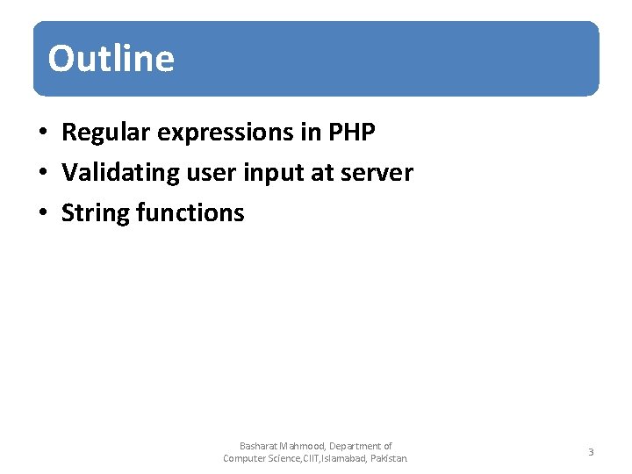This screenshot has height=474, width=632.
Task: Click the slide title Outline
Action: coord(111,59)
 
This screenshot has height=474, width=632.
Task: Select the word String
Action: coord(96,213)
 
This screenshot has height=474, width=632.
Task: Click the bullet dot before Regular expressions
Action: coord(42,133)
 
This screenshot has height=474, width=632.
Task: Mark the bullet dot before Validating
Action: coord(42,174)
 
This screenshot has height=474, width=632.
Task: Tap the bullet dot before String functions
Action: coord(42,213)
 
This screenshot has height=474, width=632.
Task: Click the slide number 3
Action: coord(591,452)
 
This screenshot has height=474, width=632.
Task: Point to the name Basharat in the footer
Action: coord(258,446)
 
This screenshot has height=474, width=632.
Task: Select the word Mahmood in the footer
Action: coord(302,446)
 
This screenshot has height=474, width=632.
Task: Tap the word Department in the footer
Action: coord(355,446)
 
